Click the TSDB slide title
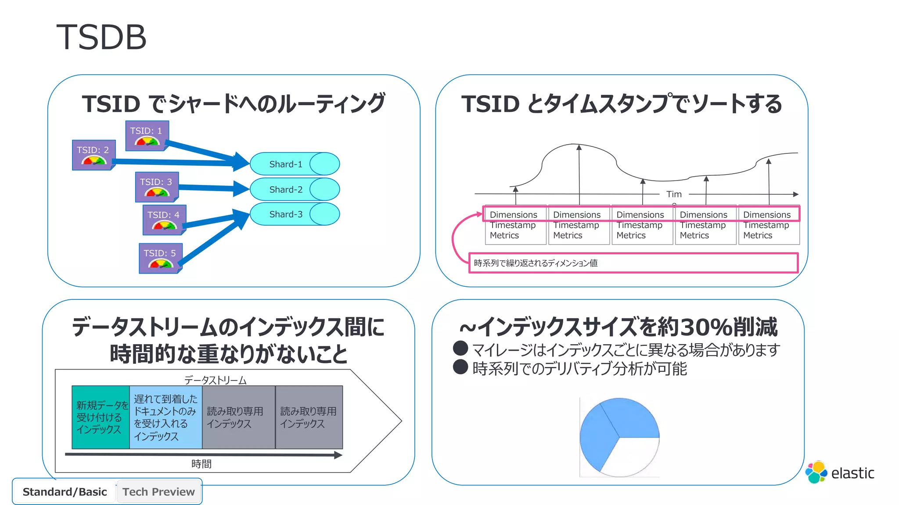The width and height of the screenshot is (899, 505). click(101, 37)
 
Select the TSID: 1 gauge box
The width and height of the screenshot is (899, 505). click(147, 136)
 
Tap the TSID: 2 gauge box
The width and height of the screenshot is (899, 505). click(93, 155)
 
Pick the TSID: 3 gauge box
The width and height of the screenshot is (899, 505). click(157, 187)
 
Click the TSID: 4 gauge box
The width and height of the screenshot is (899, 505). click(164, 220)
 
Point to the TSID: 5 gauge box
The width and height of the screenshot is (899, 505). click(161, 258)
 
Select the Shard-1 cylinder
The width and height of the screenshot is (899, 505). click(295, 164)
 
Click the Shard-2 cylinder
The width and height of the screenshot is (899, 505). click(295, 189)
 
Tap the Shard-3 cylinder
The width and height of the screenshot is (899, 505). click(295, 214)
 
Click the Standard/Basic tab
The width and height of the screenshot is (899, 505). click(65, 492)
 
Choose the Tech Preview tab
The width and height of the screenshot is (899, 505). click(158, 492)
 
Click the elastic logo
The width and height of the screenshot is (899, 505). click(839, 473)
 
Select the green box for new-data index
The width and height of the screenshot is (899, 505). click(101, 417)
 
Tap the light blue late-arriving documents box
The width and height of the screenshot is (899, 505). click(165, 417)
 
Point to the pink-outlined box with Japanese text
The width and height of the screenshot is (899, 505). click(633, 263)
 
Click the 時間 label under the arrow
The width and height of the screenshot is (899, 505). click(201, 464)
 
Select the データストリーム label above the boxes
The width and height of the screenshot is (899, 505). click(215, 380)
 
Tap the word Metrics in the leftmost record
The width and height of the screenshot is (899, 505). click(504, 235)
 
